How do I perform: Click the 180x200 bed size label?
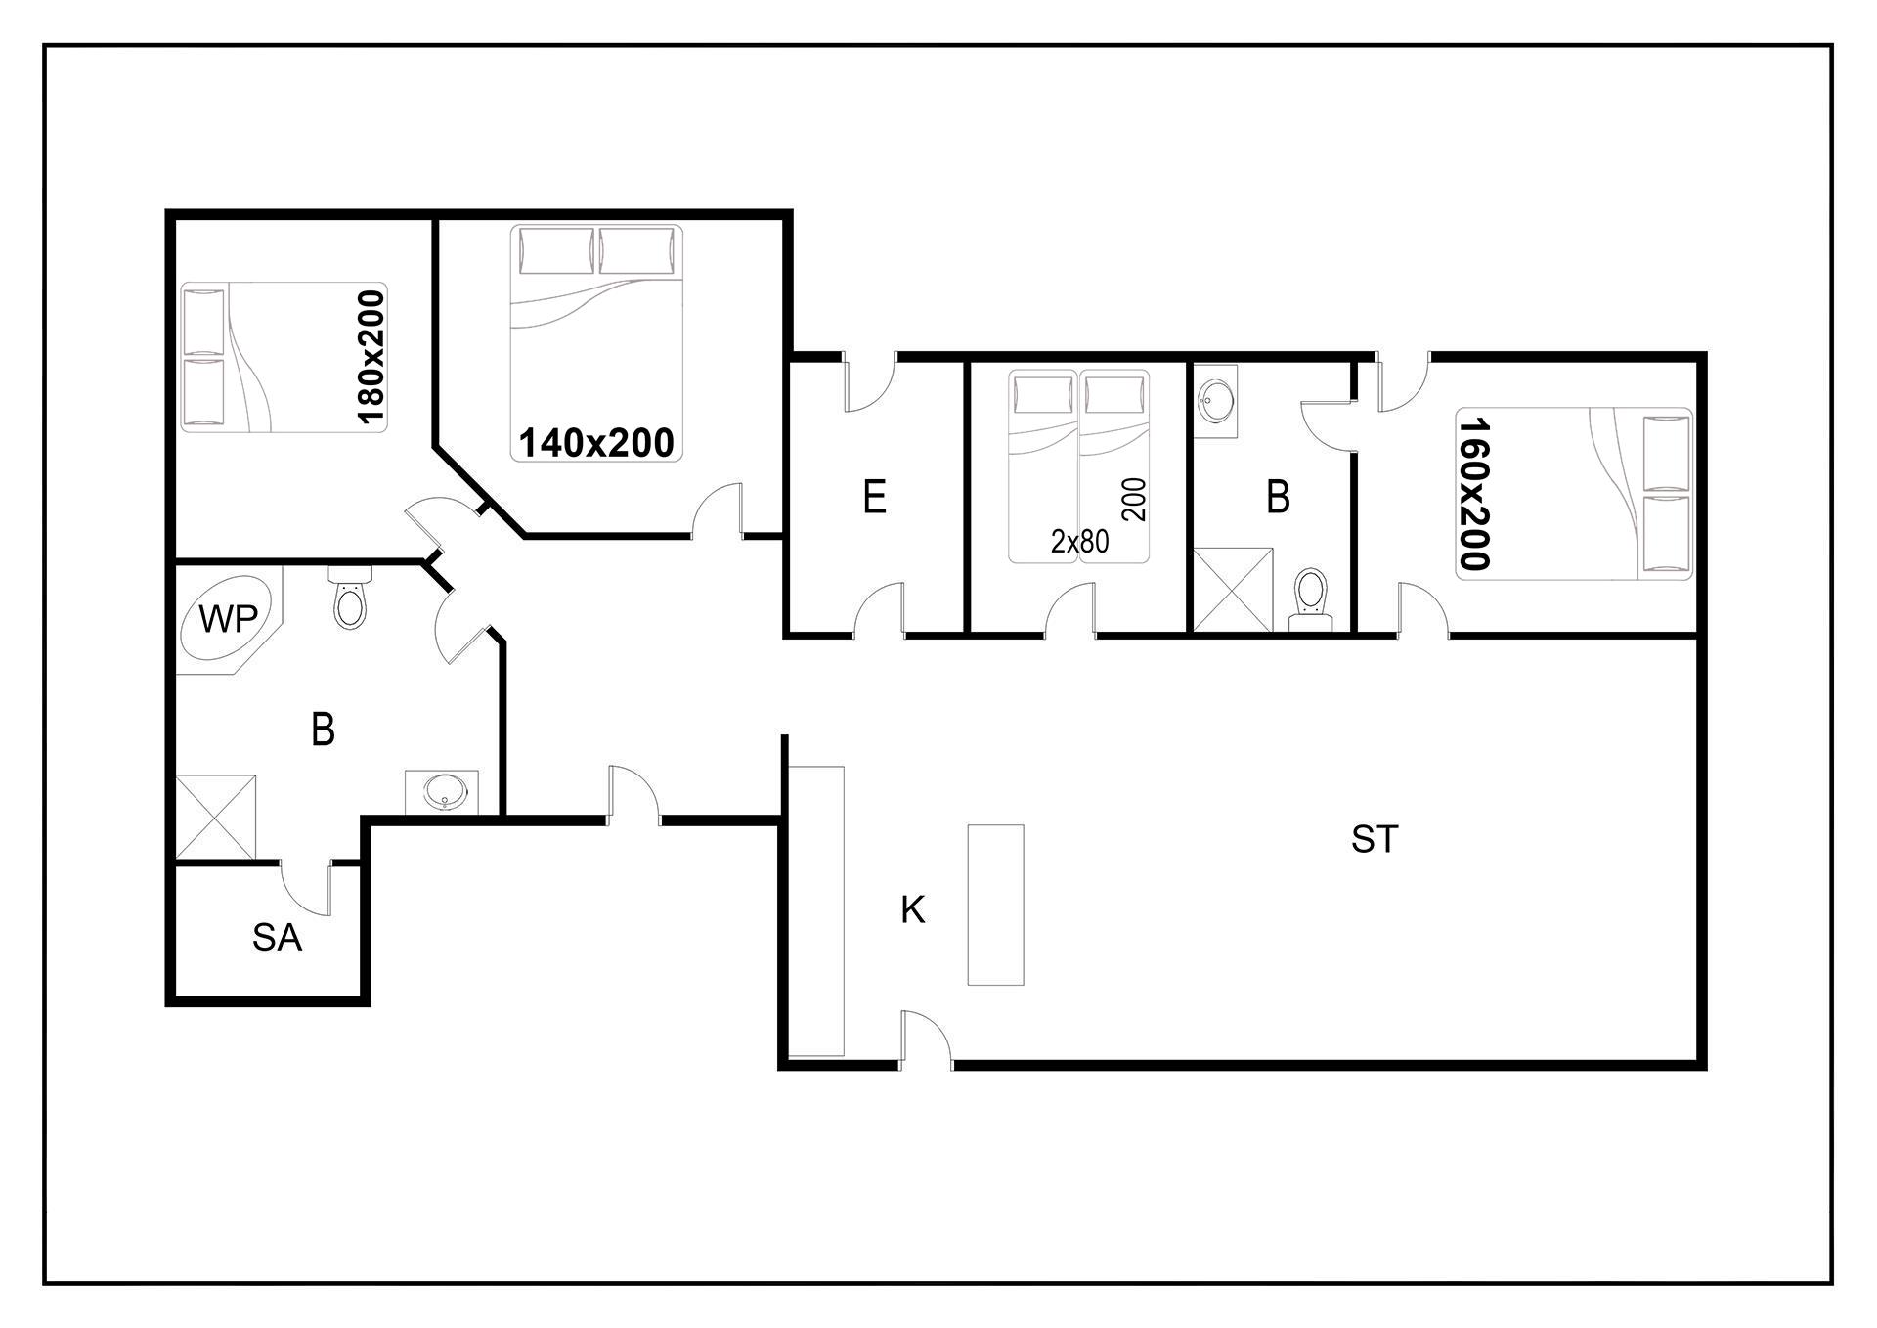pos(372,357)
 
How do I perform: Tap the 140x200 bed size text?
pos(596,443)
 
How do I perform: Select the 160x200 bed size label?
pos(1473,494)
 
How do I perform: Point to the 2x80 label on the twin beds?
pos(1080,542)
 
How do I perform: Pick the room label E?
pos(875,497)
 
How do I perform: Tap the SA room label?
pos(277,938)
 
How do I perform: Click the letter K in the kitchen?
pos(912,910)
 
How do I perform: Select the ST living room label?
pos(1375,839)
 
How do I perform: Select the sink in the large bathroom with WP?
pos(443,791)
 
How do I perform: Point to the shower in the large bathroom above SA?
pos(216,818)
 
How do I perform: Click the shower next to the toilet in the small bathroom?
pos(1234,590)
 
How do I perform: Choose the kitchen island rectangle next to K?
pos(996,905)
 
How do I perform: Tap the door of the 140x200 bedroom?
pos(719,509)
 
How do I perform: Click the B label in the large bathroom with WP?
pos(323,730)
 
